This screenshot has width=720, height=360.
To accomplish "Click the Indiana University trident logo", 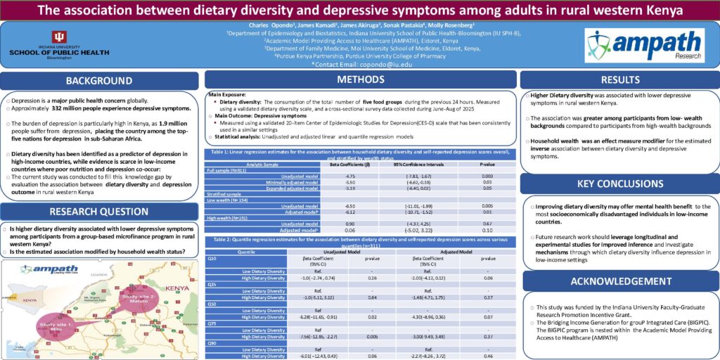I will [60, 37].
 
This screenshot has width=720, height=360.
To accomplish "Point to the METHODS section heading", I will [361, 79].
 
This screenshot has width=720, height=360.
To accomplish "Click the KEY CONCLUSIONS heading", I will [619, 184].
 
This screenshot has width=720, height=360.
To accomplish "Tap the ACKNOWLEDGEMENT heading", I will [619, 281].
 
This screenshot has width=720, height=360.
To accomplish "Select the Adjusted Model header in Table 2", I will [440, 250].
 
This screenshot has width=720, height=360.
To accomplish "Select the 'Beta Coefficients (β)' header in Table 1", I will [346, 164].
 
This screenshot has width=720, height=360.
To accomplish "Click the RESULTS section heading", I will [619, 80].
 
